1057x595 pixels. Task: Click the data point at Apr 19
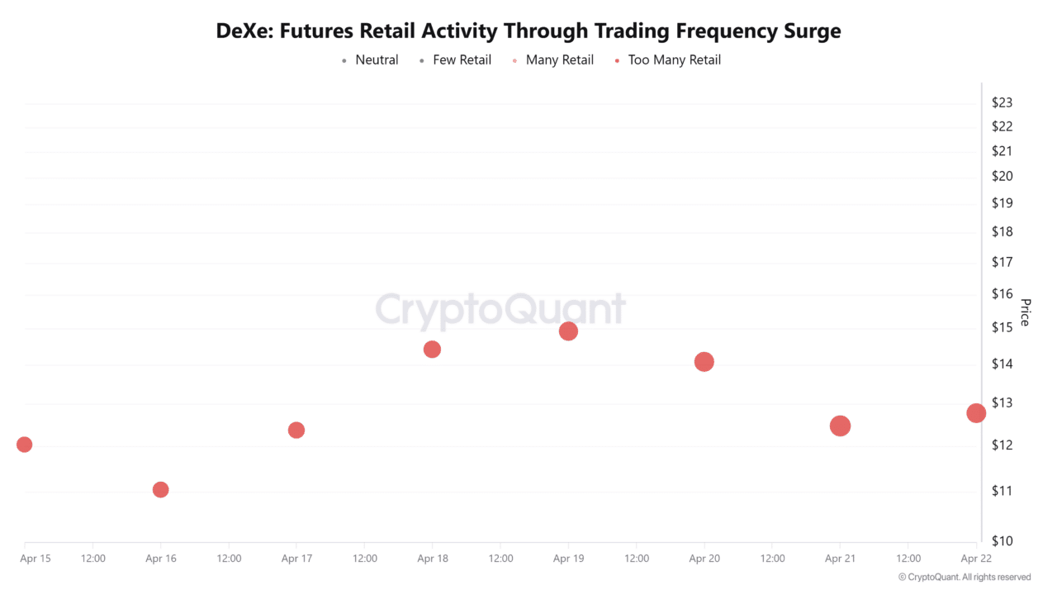tap(568, 331)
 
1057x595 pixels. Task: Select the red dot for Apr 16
tap(161, 489)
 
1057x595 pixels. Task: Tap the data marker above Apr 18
tap(432, 350)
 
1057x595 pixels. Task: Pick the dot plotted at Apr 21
tap(840, 426)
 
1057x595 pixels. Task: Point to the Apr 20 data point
tap(704, 361)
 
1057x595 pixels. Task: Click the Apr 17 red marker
tap(296, 430)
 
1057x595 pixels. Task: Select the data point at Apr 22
tap(976, 413)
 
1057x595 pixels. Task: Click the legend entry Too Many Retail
tap(674, 59)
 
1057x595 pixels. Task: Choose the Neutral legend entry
tap(377, 59)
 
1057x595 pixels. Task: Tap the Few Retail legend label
tap(462, 59)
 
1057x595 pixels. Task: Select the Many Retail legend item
tap(559, 59)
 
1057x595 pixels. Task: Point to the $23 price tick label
tap(1002, 102)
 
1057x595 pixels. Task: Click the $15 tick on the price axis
tap(1002, 327)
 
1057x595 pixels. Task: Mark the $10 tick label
tap(1002, 540)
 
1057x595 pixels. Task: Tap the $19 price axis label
tap(1002, 202)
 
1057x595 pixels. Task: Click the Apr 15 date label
tap(35, 559)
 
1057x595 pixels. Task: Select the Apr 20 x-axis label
tap(704, 559)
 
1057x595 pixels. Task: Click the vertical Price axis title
tap(1025, 312)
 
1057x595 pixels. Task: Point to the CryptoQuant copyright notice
tap(964, 577)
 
